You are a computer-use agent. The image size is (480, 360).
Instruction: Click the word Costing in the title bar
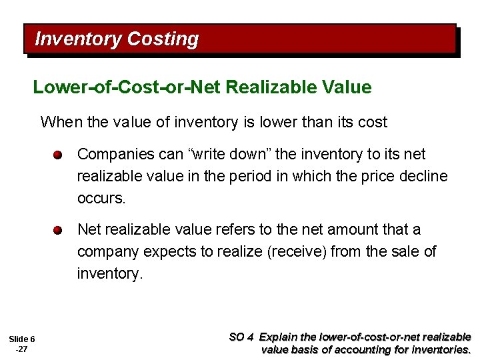163,39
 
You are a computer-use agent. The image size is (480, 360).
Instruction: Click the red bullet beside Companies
59,155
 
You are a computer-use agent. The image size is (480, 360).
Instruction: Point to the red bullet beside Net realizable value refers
59,231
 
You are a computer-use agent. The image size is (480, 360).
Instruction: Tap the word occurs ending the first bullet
101,199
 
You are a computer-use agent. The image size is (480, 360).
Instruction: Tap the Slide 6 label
23,339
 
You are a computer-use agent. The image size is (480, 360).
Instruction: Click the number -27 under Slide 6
21,349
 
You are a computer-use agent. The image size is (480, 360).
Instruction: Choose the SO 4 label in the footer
241,337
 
